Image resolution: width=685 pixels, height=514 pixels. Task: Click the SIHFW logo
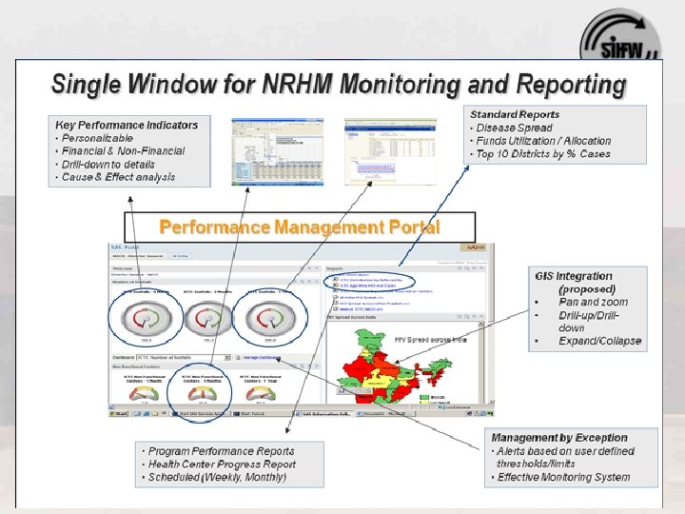click(619, 38)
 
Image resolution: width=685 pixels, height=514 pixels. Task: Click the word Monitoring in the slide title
click(388, 84)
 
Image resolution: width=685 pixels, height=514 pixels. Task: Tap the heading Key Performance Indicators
click(127, 125)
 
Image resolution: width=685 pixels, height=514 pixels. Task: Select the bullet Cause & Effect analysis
click(118, 177)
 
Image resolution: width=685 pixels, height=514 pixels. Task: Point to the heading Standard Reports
click(515, 114)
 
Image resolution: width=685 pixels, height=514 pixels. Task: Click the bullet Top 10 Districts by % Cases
click(543, 154)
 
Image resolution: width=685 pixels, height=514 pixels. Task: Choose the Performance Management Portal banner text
click(299, 227)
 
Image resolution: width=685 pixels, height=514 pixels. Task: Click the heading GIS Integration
click(571, 276)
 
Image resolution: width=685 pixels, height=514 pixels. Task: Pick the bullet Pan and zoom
click(592, 303)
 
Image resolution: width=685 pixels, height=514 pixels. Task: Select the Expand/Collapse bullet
click(599, 341)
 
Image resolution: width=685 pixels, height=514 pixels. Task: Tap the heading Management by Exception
click(559, 437)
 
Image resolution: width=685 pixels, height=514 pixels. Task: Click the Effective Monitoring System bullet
click(563, 477)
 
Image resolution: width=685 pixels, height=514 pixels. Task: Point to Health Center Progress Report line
click(222, 465)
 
